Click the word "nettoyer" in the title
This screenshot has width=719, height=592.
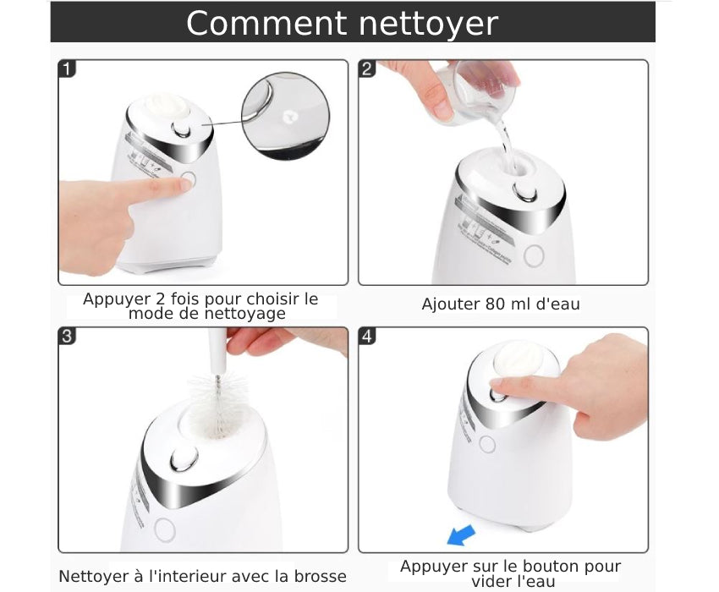428,24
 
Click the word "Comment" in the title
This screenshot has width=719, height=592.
266,23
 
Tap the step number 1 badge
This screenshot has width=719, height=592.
67,69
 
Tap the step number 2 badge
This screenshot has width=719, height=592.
367,69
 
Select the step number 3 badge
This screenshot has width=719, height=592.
67,336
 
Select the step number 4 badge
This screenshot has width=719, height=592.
367,336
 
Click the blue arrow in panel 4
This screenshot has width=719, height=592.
461,534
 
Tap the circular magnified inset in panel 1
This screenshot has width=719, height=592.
285,116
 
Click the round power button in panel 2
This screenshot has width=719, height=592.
534,255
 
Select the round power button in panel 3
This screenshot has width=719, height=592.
165,529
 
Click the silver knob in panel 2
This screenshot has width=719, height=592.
525,192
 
